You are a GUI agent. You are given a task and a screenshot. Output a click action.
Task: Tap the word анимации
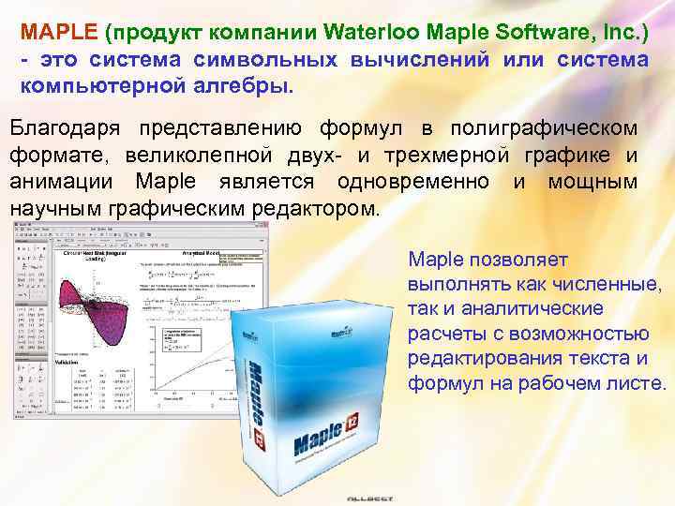click(63, 181)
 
